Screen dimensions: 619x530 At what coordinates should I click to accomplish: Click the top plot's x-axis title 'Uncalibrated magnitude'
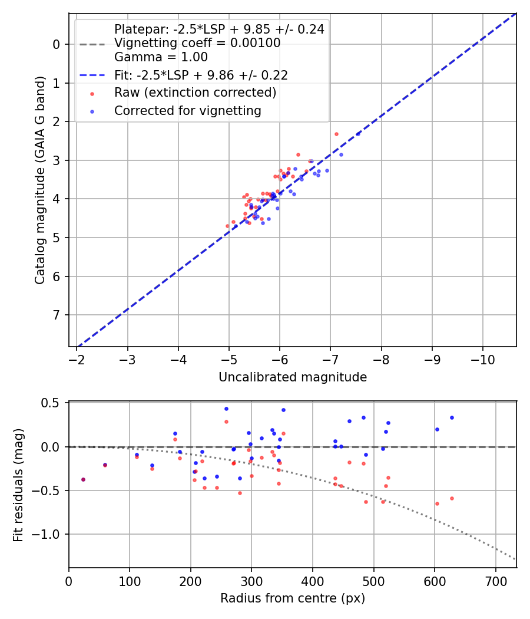(x=293, y=377)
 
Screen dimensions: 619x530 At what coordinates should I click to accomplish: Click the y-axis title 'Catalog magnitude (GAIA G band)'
(x=40, y=180)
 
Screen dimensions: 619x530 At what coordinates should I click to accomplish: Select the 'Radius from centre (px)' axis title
(x=293, y=598)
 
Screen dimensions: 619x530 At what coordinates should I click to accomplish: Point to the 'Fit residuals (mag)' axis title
(x=18, y=485)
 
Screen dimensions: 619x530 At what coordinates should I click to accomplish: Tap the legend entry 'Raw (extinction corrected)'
(x=195, y=93)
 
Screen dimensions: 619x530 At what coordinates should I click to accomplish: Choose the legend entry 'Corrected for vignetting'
(x=187, y=110)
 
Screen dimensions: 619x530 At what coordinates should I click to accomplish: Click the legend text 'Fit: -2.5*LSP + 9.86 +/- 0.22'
(x=201, y=75)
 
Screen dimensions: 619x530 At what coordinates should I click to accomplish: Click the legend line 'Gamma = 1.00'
(x=161, y=57)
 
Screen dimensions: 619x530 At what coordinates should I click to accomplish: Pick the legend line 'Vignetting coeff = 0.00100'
(x=197, y=43)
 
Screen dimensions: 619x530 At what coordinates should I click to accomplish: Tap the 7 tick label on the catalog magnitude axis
(x=57, y=315)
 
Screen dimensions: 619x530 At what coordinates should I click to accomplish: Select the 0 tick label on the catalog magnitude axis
(x=57, y=44)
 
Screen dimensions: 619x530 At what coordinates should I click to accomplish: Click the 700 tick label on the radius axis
(x=495, y=580)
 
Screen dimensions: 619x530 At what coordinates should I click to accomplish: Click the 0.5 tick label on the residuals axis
(x=53, y=403)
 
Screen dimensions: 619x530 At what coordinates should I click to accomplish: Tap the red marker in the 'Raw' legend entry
(x=92, y=93)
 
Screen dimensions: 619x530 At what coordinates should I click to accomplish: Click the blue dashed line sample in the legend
(x=92, y=75)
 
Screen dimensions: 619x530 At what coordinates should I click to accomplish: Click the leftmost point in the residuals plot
(x=83, y=479)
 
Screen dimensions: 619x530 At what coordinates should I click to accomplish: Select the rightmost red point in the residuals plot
(x=452, y=498)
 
